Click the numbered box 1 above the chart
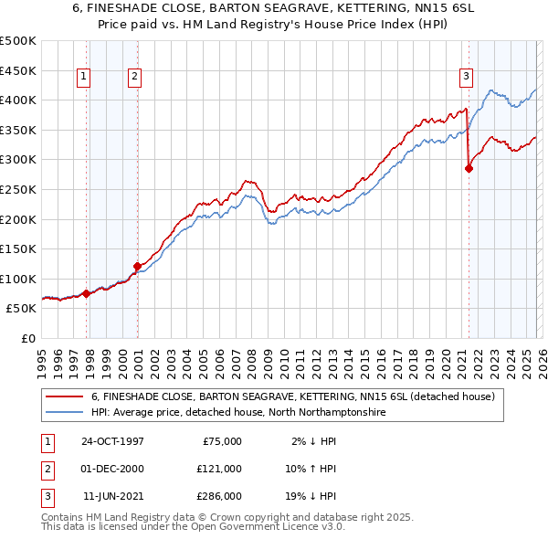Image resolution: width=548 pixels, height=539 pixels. coord(83,77)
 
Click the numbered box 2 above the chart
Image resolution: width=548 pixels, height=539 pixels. coord(134,77)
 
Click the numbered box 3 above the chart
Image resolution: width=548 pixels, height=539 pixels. coord(466,77)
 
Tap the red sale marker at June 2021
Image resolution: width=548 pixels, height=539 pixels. coord(469,168)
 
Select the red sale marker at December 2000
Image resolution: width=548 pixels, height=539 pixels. coord(137,266)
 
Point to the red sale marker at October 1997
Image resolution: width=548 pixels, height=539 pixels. coord(87,293)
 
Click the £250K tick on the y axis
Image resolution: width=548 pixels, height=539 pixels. coord(18,189)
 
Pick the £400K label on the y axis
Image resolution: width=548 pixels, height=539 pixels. coord(18,100)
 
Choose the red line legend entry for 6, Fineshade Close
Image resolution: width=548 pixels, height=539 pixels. coord(292,396)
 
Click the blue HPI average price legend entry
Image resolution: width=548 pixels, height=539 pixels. coord(237,412)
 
